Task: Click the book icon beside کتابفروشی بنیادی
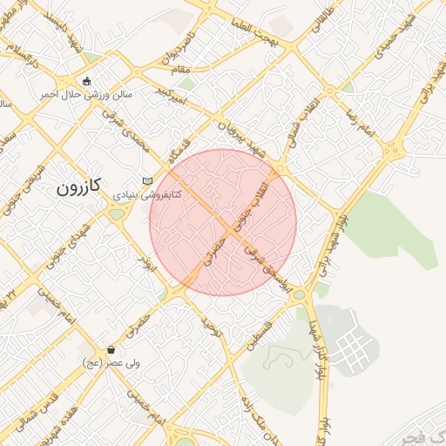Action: coord(146,180)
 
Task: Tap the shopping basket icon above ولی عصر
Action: coord(111,349)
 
